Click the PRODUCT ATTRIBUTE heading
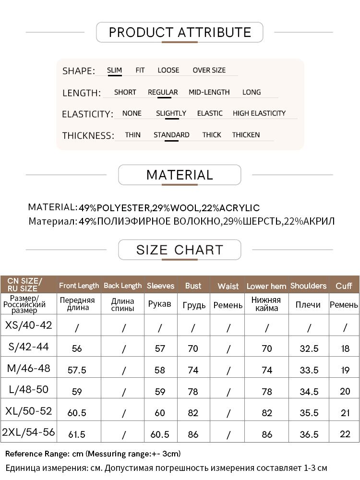[x=180, y=33]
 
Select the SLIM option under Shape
[x=114, y=70]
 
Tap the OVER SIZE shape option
[x=209, y=70]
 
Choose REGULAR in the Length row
[x=163, y=92]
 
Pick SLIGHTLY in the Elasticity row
[x=171, y=113]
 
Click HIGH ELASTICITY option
[x=259, y=113]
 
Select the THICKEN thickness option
[x=246, y=135]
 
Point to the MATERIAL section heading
[x=180, y=175]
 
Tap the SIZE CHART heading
[x=180, y=250]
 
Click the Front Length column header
[x=79, y=286]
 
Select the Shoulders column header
[x=308, y=286]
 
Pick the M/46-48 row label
[x=29, y=369]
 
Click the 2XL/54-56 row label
[x=29, y=432]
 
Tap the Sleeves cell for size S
[x=160, y=348]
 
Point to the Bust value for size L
[x=193, y=391]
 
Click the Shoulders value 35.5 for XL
[x=309, y=413]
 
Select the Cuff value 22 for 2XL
[x=345, y=434]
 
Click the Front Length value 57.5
[x=77, y=370]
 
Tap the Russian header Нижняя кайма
[x=266, y=304]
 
